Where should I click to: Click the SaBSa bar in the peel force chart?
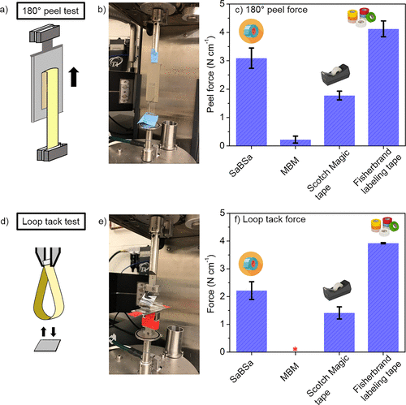[x=252, y=102]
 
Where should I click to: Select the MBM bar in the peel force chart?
[x=296, y=143]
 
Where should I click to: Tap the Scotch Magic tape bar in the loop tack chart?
[x=339, y=333]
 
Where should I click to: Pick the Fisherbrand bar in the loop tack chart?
[x=383, y=298]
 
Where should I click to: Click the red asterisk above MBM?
[x=296, y=349]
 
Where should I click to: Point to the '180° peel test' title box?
[x=50, y=11]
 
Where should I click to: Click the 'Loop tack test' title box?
[x=51, y=222]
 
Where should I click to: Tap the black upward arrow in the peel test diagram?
[x=73, y=77]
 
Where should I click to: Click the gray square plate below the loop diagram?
[x=47, y=346]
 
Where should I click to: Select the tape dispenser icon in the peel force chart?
[x=335, y=75]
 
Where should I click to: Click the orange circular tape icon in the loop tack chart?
[x=251, y=264]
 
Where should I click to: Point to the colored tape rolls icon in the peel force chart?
[x=361, y=17]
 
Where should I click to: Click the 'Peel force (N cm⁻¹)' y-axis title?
[x=210, y=75]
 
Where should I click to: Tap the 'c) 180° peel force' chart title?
[x=271, y=10]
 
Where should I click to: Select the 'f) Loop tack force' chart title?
[x=270, y=219]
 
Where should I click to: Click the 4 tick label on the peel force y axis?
[x=222, y=32]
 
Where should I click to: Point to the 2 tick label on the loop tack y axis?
[x=222, y=296]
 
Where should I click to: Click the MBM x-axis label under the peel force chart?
[x=290, y=166]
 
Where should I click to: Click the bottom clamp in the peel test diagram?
[x=52, y=153]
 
